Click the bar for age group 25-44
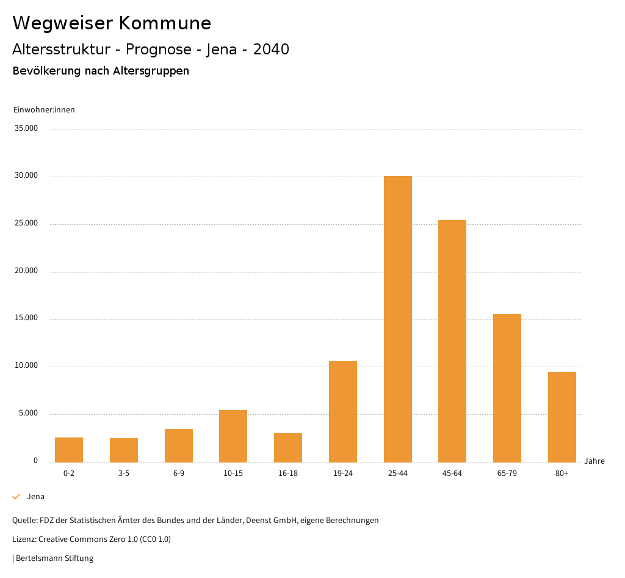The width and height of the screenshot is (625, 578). pos(398,319)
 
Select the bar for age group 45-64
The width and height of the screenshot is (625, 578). pos(452,341)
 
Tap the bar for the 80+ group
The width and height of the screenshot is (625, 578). pos(562,417)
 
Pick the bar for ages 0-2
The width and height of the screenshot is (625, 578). pos(69,450)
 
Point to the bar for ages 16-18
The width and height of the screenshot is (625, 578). pos(288,448)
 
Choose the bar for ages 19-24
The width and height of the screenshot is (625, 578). pos(343,412)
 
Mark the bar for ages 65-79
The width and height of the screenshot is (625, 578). pos(507,388)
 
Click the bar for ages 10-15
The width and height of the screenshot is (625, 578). pos(233,436)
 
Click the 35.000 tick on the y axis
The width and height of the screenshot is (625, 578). pos(26,128)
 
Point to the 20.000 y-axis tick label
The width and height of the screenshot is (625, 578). pos(26,271)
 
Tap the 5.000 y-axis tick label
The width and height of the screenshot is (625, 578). pos(28,413)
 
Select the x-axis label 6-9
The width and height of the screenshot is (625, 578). pos(179,474)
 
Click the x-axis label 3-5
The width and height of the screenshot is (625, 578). pos(124,474)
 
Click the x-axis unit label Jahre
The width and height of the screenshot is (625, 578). pos(594,461)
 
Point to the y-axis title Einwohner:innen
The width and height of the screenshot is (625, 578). pos(44,110)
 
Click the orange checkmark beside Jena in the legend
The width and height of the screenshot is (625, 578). pos(16,497)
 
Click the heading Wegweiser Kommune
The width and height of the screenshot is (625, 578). pos(112,23)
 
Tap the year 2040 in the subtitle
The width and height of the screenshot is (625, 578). pos(271,49)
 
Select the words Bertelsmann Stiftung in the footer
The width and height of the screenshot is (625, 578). pos(55,558)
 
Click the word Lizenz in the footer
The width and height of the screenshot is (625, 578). pos(23,540)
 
